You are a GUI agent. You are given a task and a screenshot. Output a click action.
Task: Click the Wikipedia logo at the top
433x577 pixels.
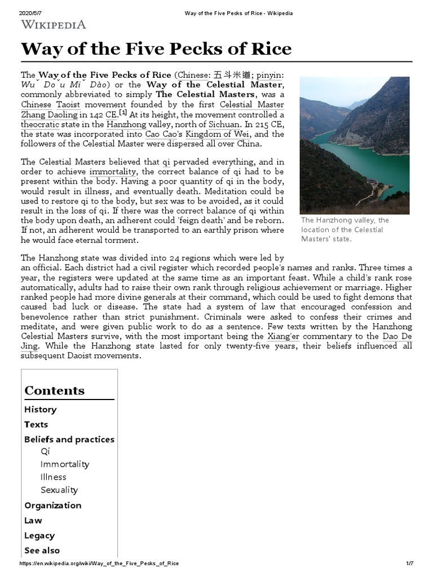click(x=54, y=24)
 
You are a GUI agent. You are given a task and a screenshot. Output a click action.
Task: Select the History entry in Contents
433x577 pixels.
click(x=40, y=409)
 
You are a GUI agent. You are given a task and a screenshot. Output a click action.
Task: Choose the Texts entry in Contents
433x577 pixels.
click(x=36, y=424)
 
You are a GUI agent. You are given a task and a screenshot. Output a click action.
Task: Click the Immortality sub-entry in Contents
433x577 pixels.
click(x=65, y=464)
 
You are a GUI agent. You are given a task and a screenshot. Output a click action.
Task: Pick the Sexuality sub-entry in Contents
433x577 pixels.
click(x=59, y=490)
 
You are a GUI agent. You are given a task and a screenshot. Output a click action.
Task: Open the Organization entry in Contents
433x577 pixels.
click(x=52, y=505)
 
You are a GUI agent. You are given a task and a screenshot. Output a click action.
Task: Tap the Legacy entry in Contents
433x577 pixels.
click(x=39, y=535)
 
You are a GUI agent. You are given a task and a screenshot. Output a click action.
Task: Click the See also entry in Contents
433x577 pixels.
click(x=42, y=551)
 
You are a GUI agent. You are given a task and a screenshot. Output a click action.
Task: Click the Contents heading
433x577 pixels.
click(x=54, y=390)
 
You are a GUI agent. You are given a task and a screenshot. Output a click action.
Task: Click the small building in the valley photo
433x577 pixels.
click(x=374, y=184)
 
